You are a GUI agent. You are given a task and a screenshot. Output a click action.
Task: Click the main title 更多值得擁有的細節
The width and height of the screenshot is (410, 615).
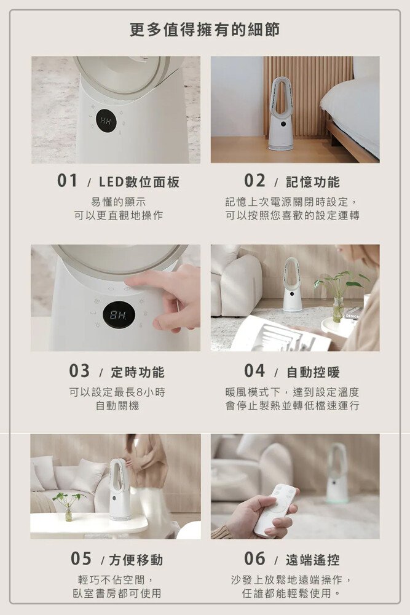pos(205,30)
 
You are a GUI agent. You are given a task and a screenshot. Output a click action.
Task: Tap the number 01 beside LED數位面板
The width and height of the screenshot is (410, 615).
pos(68,181)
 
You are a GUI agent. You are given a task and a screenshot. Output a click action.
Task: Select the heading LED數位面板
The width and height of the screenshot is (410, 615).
pos(139,181)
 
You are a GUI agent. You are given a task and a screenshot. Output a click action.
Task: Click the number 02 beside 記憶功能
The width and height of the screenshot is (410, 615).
pos(254,181)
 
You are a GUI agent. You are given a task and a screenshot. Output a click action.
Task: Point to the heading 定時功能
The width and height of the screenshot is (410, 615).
pos(138,372)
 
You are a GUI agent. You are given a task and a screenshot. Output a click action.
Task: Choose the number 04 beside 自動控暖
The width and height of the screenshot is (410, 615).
pos(254,371)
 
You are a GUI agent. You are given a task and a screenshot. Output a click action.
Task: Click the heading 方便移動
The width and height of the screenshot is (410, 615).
pos(136,560)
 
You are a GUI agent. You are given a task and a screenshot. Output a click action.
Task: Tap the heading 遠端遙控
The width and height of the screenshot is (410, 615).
pos(313,560)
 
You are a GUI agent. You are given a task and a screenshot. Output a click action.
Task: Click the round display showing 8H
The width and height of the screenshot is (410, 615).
pos(119,315)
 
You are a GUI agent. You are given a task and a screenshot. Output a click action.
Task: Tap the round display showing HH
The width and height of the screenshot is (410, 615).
pos(106,121)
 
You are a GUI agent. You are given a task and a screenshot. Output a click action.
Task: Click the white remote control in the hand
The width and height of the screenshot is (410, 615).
pos(275,509)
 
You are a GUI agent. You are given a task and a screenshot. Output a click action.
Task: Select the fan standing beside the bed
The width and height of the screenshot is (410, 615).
pos(282,113)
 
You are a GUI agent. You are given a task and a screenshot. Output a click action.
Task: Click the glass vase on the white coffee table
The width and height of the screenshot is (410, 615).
pos(69,513)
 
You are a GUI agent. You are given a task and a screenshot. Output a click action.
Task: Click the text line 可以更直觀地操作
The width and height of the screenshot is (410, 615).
pos(119,215)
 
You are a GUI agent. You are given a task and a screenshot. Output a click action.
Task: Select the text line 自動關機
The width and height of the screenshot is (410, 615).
pos(117,405)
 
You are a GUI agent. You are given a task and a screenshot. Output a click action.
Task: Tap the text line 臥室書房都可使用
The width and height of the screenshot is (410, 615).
pos(117,593)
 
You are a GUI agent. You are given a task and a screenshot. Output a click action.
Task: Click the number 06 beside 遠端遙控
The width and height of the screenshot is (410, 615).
pos(254,558)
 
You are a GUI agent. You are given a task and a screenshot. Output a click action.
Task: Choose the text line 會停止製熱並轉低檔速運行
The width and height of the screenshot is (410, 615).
pos(293,405)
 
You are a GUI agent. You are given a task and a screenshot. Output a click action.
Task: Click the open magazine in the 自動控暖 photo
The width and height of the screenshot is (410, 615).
pos(280,335)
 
